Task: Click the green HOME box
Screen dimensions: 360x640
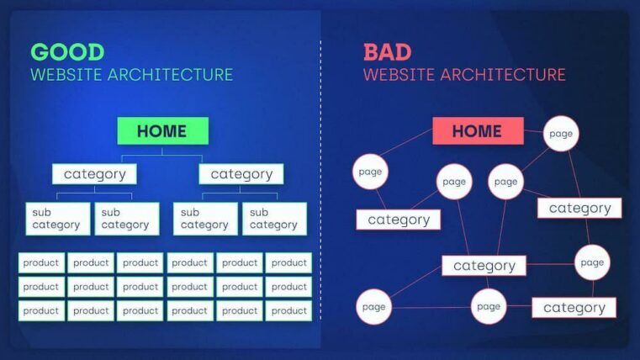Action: [162, 131]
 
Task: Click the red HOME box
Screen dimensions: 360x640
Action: [478, 131]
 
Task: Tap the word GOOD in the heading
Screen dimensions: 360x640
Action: [68, 52]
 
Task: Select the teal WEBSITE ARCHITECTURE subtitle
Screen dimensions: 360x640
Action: [132, 75]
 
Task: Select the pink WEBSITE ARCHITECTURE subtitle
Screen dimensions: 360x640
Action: [464, 75]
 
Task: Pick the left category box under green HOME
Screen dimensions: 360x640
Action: [94, 174]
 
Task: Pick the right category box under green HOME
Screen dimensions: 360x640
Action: [241, 174]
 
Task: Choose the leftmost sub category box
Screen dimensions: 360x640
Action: [57, 219]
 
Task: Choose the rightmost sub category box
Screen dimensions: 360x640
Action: [274, 219]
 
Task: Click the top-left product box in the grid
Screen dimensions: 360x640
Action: [41, 262]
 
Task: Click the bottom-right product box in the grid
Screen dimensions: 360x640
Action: [288, 310]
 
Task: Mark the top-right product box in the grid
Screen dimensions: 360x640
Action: [288, 262]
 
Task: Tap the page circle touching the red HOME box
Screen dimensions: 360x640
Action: [561, 134]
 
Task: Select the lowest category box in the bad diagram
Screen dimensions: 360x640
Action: [574, 308]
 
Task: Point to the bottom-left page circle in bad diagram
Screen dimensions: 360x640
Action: [373, 307]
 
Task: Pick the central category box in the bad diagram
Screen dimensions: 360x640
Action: [484, 266]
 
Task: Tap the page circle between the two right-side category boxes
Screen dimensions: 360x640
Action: [592, 262]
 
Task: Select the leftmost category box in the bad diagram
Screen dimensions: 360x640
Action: [399, 220]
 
